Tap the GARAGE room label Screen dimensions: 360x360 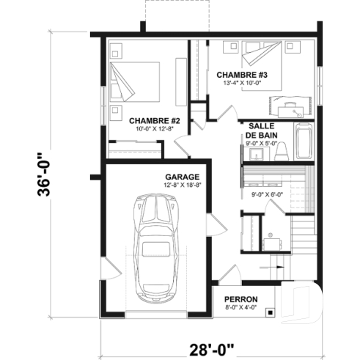(182, 177)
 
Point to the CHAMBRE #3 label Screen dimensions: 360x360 (235, 74)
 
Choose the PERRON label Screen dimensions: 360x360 (240, 299)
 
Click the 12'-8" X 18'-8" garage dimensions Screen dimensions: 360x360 (182, 185)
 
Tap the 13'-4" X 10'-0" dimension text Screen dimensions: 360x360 (241, 83)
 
